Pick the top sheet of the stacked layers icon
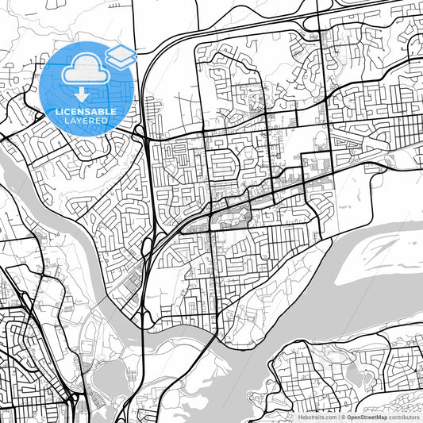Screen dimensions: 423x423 click(x=121, y=52)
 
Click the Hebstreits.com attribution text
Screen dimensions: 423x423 click(x=315, y=417)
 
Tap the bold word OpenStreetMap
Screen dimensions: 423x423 click(x=367, y=417)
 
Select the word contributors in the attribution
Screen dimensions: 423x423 click(x=405, y=417)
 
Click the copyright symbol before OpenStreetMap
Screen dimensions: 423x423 click(x=343, y=417)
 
